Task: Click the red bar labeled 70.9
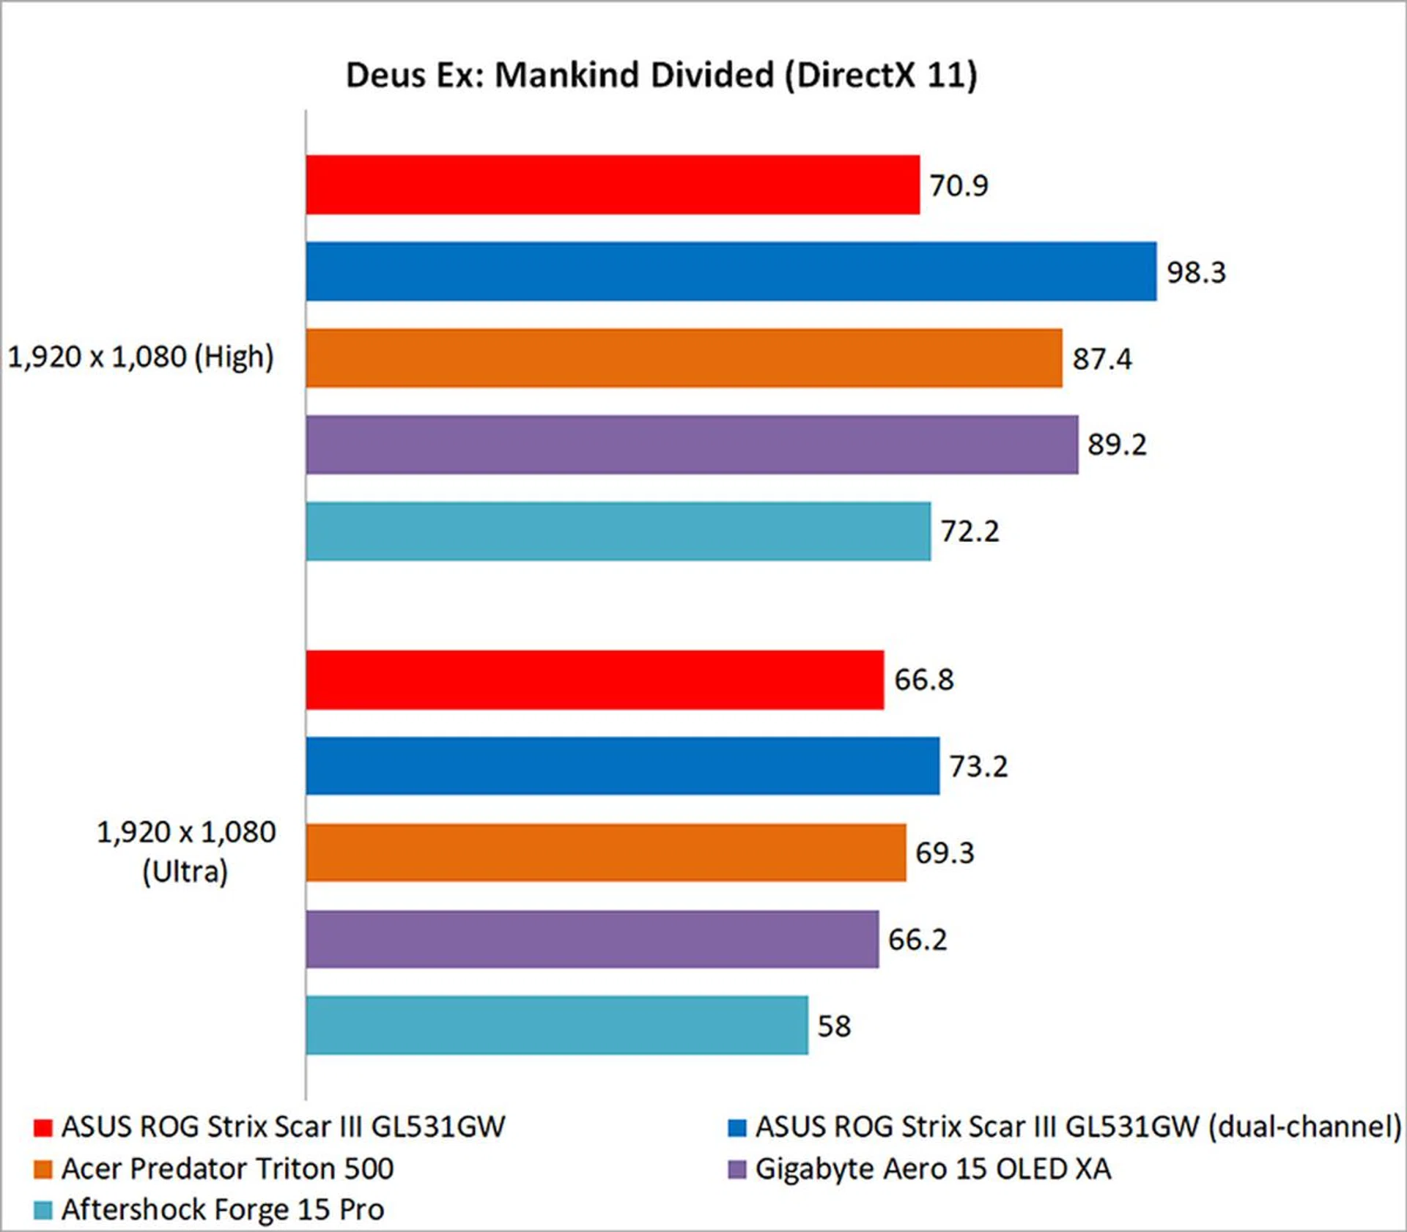pyautogui.click(x=613, y=185)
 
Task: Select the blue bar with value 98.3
pyautogui.click(x=731, y=271)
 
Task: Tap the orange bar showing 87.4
pyautogui.click(x=684, y=357)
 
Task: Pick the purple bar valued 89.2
pyautogui.click(x=692, y=444)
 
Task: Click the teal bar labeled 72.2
pyautogui.click(x=618, y=531)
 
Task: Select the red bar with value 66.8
pyautogui.click(x=595, y=680)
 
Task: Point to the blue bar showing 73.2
pyautogui.click(x=623, y=765)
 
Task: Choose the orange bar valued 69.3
pyautogui.click(x=606, y=852)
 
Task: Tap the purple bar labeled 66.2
pyautogui.click(x=592, y=939)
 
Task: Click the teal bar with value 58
pyautogui.click(x=557, y=1025)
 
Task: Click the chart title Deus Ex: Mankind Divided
pyautogui.click(x=661, y=75)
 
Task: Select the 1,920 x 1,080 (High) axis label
pyautogui.click(x=141, y=357)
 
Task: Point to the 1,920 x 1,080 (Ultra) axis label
pyautogui.click(x=186, y=852)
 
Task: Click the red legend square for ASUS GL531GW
pyautogui.click(x=43, y=1127)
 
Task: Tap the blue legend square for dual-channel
pyautogui.click(x=736, y=1127)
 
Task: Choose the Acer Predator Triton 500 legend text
pyautogui.click(x=227, y=1169)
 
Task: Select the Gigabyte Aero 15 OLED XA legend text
pyautogui.click(x=933, y=1169)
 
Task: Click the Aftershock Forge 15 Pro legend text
pyautogui.click(x=223, y=1209)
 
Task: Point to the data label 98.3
pyautogui.click(x=1196, y=272)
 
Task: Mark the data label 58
pyautogui.click(x=835, y=1026)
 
